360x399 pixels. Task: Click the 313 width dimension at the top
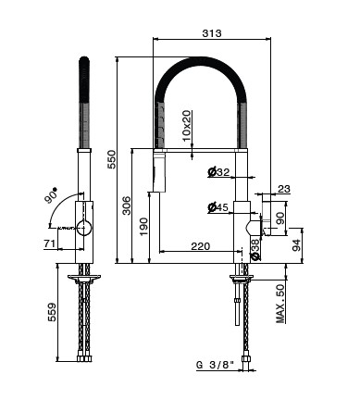[212, 33]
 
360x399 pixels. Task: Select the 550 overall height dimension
[111, 159]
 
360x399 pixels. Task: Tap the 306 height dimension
[127, 206]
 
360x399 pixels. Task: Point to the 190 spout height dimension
[143, 227]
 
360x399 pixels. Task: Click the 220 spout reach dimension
[201, 246]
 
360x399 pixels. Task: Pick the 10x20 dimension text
[186, 126]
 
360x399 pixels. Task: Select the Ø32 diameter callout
[218, 172]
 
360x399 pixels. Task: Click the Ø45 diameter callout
[218, 207]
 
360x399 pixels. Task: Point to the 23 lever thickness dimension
[284, 189]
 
